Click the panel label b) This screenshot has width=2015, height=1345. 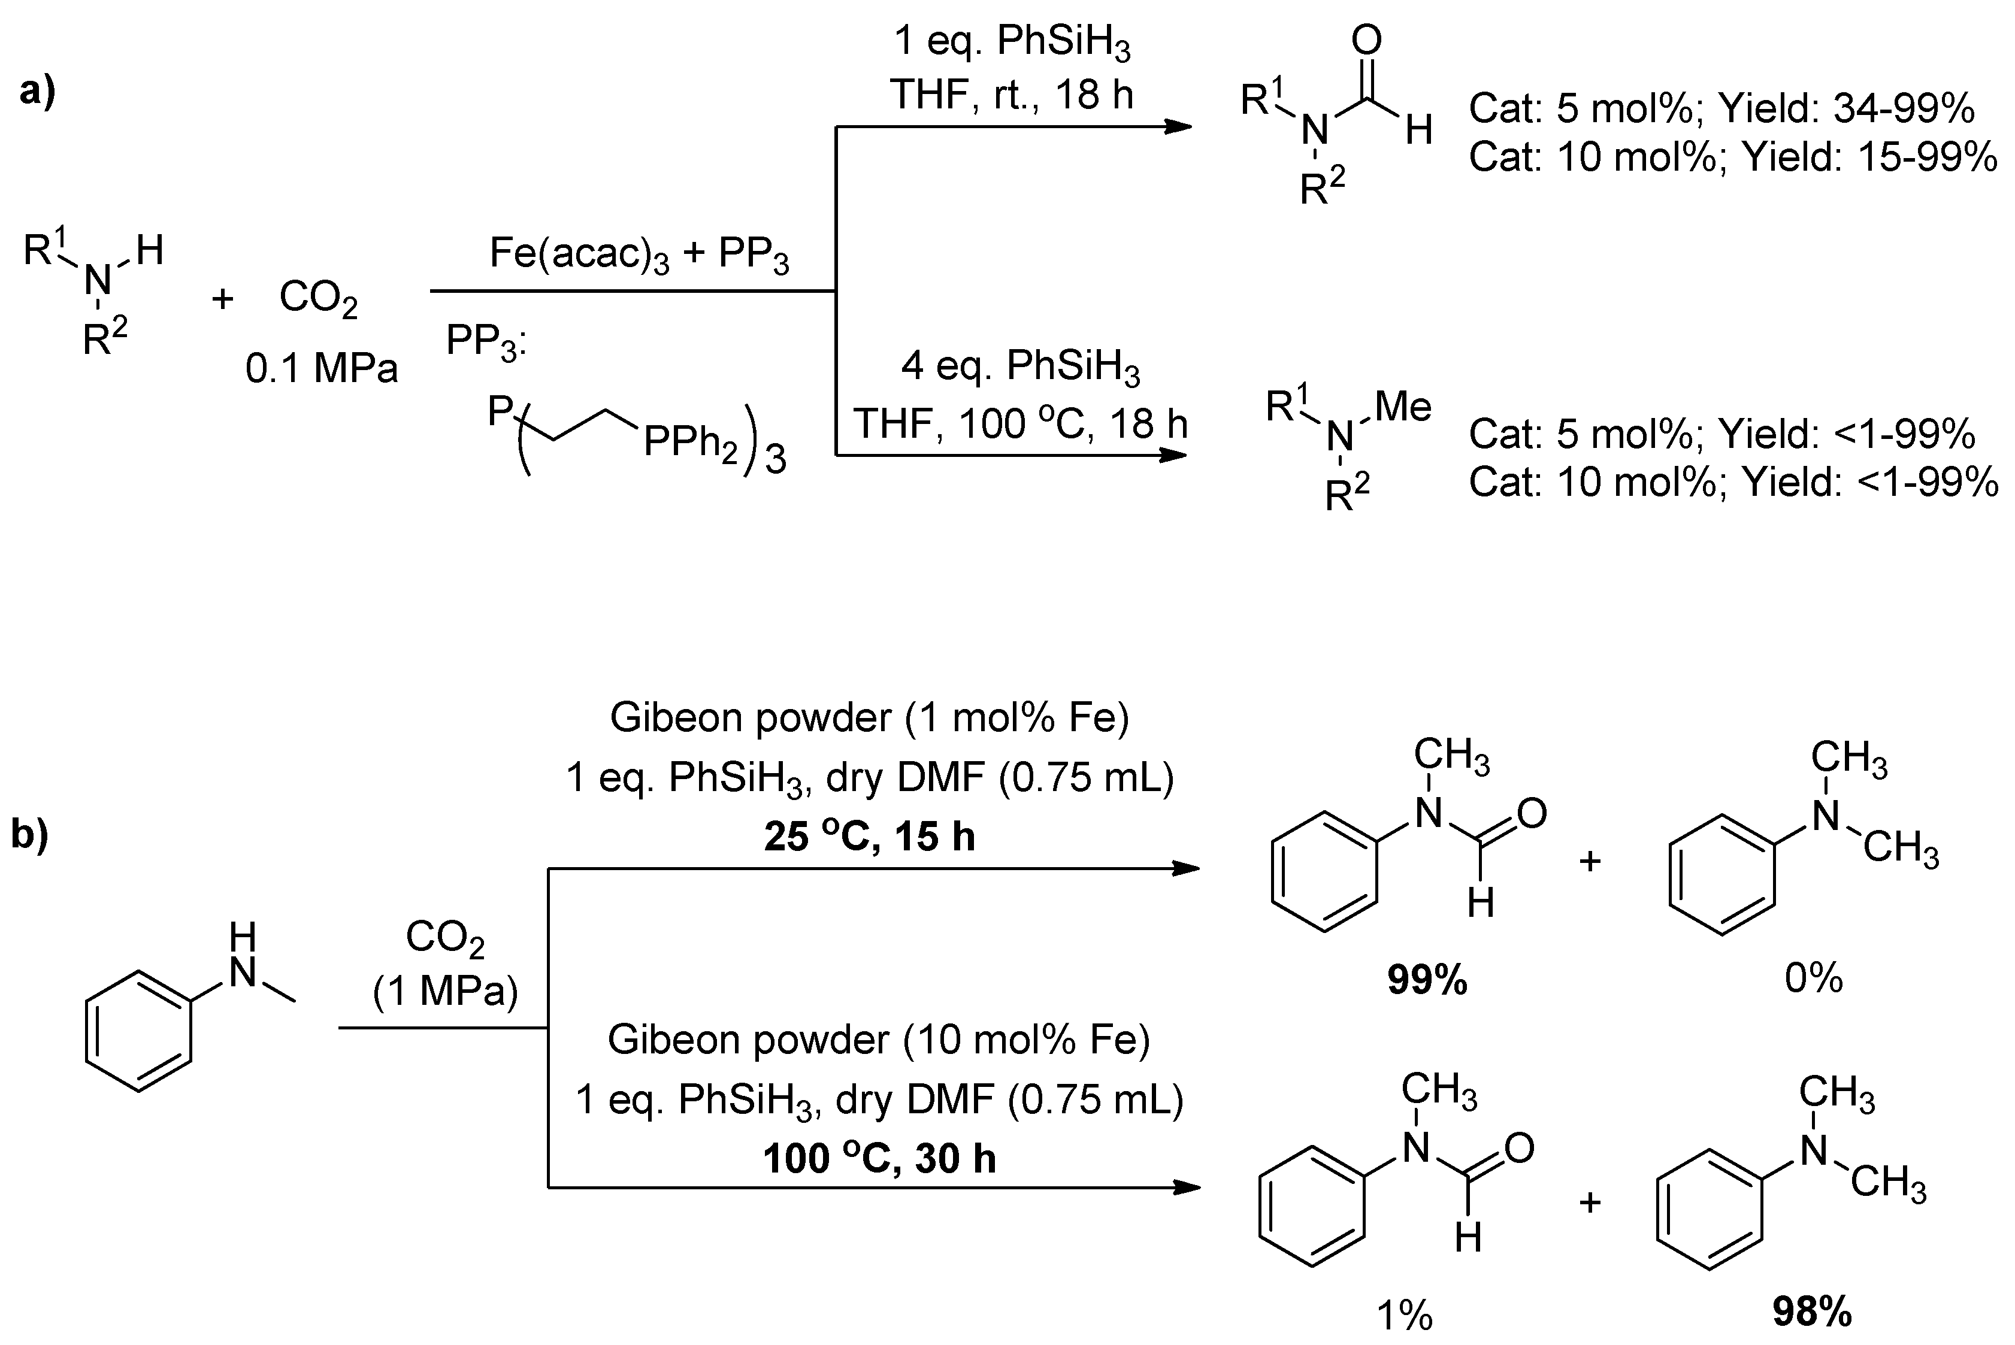coord(30,834)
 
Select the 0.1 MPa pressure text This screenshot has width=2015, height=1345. coord(322,369)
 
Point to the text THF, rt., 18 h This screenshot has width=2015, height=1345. coord(1012,95)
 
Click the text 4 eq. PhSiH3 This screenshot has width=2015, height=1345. coord(1020,367)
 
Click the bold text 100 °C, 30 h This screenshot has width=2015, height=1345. coord(879,1159)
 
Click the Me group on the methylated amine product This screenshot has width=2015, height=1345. coord(1403,406)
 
